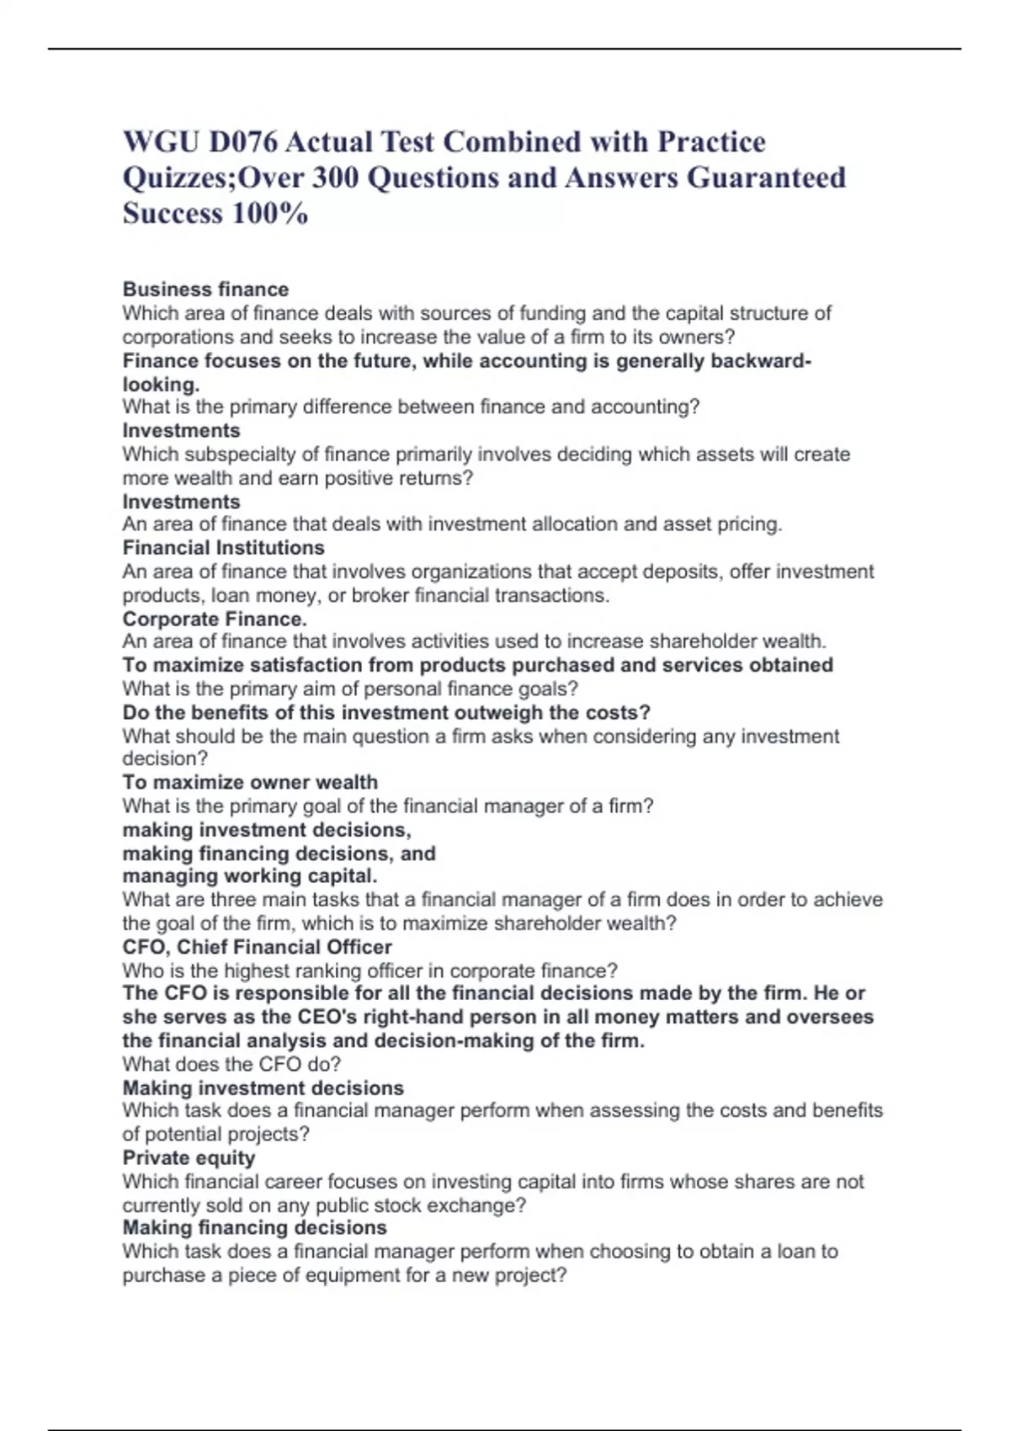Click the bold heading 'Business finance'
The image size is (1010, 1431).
point(205,289)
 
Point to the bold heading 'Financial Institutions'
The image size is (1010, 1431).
point(223,547)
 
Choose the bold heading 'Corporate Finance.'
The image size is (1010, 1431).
point(215,619)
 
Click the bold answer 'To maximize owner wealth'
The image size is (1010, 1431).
point(250,782)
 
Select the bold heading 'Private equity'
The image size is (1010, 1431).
point(189,1157)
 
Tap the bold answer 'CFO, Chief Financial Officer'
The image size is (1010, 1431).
point(257,946)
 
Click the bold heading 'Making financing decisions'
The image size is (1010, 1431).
point(254,1227)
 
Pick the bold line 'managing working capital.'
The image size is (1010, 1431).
point(249,875)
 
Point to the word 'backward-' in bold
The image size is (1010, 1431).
point(761,360)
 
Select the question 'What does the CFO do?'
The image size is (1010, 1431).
point(231,1064)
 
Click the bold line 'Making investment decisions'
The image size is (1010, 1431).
point(263,1088)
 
